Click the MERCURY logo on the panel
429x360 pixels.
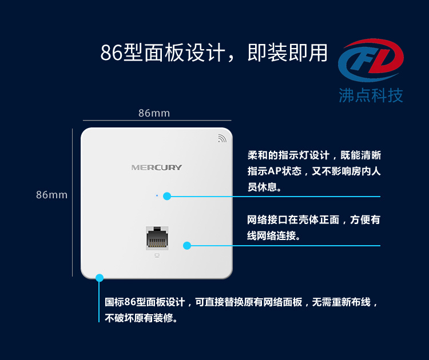(157, 167)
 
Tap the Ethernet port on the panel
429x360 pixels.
(157, 238)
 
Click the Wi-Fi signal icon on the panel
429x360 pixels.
(222, 138)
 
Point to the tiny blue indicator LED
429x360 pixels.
(157, 195)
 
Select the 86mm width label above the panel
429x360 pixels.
(154, 113)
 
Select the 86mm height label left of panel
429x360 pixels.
(51, 195)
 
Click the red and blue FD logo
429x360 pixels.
(371, 60)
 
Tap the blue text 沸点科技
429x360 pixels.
(371, 95)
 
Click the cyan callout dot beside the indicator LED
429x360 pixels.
(167, 196)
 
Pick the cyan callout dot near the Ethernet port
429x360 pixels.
(187, 246)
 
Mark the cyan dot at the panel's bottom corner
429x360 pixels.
(100, 278)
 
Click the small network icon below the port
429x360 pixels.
(157, 255)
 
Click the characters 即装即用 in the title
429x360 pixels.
(287, 53)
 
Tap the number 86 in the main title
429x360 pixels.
(112, 53)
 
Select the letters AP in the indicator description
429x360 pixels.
(275, 171)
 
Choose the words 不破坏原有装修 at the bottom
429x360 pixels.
(139, 318)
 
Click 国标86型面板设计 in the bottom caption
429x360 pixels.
(145, 302)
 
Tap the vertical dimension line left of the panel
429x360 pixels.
(72, 202)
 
